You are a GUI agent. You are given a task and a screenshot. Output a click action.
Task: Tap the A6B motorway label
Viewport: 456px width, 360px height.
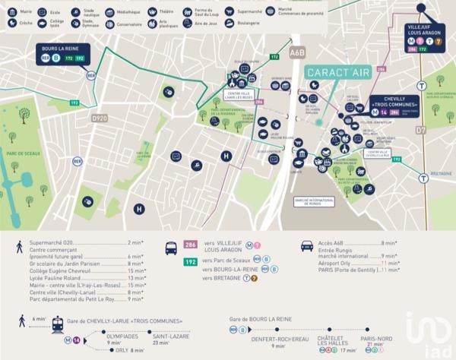[297, 53]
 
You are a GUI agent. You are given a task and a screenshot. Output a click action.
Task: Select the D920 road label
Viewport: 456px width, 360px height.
[99, 118]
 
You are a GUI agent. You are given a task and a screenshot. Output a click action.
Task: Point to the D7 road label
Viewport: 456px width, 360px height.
[420, 130]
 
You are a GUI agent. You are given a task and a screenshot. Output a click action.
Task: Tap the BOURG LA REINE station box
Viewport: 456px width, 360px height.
[64, 52]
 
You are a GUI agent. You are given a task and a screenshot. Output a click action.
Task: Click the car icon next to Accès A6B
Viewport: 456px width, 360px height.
[307, 246]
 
